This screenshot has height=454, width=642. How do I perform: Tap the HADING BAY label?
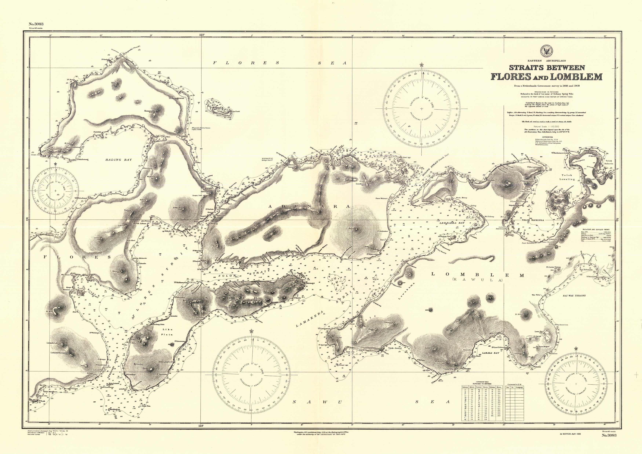coord(118,160)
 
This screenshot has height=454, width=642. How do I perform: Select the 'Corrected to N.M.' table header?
coord(514,385)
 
